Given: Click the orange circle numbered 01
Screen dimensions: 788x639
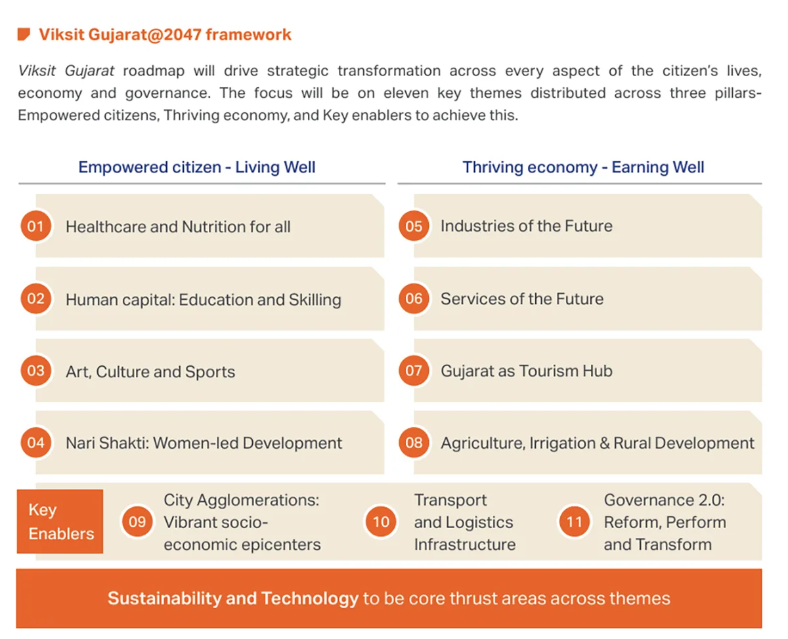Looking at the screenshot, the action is click(35, 226).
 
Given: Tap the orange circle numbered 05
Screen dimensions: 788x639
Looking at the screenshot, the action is click(414, 226).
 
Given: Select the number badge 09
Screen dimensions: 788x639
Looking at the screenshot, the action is click(137, 521).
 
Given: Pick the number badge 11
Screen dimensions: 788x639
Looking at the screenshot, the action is click(574, 521).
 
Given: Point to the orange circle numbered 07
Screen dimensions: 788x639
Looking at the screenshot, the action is click(414, 370).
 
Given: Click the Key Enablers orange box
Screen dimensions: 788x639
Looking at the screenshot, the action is click(60, 521).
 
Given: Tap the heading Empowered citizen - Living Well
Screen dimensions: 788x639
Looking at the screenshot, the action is click(197, 167).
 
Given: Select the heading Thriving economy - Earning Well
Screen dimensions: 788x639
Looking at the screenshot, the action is click(583, 167).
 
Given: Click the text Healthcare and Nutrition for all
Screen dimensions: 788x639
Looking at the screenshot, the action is click(178, 226).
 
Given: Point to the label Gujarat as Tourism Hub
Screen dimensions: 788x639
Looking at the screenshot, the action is click(527, 371).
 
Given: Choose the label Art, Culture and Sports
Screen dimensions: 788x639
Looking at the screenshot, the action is click(150, 372).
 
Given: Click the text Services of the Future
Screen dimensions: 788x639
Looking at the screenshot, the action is click(522, 299).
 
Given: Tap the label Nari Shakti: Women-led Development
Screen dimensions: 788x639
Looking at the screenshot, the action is click(204, 443).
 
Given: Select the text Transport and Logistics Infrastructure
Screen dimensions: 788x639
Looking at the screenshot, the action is click(465, 522).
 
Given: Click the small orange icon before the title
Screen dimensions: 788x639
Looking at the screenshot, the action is click(24, 34).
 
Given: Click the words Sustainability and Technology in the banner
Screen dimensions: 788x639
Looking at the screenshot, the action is click(233, 598).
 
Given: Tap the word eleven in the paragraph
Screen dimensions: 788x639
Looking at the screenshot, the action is click(406, 93).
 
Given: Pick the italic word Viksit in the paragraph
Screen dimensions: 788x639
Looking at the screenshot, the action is click(37, 71).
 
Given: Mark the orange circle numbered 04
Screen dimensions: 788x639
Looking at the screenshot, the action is click(35, 442).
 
